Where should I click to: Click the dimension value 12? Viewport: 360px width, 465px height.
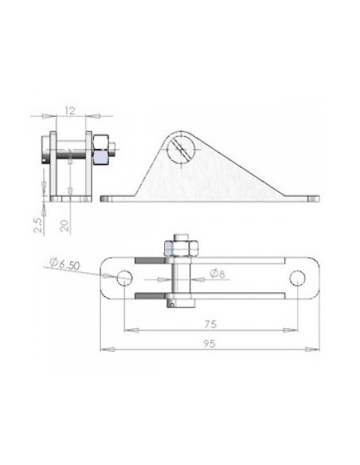tap(70, 111)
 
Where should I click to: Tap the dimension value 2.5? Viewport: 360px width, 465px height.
tap(37, 225)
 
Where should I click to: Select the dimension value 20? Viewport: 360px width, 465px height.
tap(65, 225)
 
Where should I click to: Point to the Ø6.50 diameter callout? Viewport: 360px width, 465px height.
tap(65, 264)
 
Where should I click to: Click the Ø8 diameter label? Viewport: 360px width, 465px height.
tap(217, 273)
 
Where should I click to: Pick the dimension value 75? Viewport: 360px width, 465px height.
tap(210, 324)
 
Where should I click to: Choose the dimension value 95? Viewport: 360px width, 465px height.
tap(209, 344)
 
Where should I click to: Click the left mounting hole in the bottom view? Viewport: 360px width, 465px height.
tap(124, 278)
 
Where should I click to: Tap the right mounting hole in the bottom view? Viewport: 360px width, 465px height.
tap(297, 278)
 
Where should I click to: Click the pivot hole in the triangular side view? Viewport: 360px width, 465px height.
tap(181, 149)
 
